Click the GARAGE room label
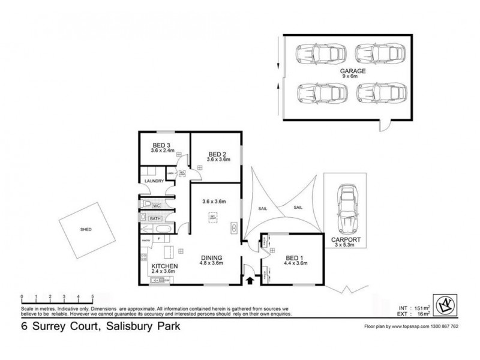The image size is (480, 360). pyautogui.click(x=346, y=70)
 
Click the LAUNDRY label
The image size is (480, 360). pyautogui.click(x=154, y=180)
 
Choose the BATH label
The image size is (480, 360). pyautogui.click(x=155, y=218)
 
